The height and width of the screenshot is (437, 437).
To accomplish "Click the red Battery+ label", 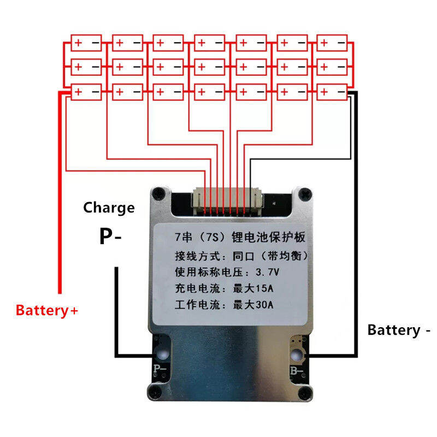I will tap(47, 311).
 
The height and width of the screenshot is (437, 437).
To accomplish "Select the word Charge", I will tap(109, 208).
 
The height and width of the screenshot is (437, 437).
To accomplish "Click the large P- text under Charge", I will tap(109, 236).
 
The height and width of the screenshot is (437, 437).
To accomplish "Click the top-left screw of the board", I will tap(158, 192).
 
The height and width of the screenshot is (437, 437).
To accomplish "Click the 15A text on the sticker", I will tap(261, 288).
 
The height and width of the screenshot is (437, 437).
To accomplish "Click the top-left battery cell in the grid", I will tap(86, 43).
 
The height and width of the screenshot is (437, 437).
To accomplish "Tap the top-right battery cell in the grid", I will tap(332, 43).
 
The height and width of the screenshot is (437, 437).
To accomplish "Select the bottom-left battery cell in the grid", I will tap(86, 92).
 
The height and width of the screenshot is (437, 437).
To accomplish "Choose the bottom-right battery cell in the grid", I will tap(332, 92).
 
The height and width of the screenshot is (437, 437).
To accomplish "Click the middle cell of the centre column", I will tap(209, 67).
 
